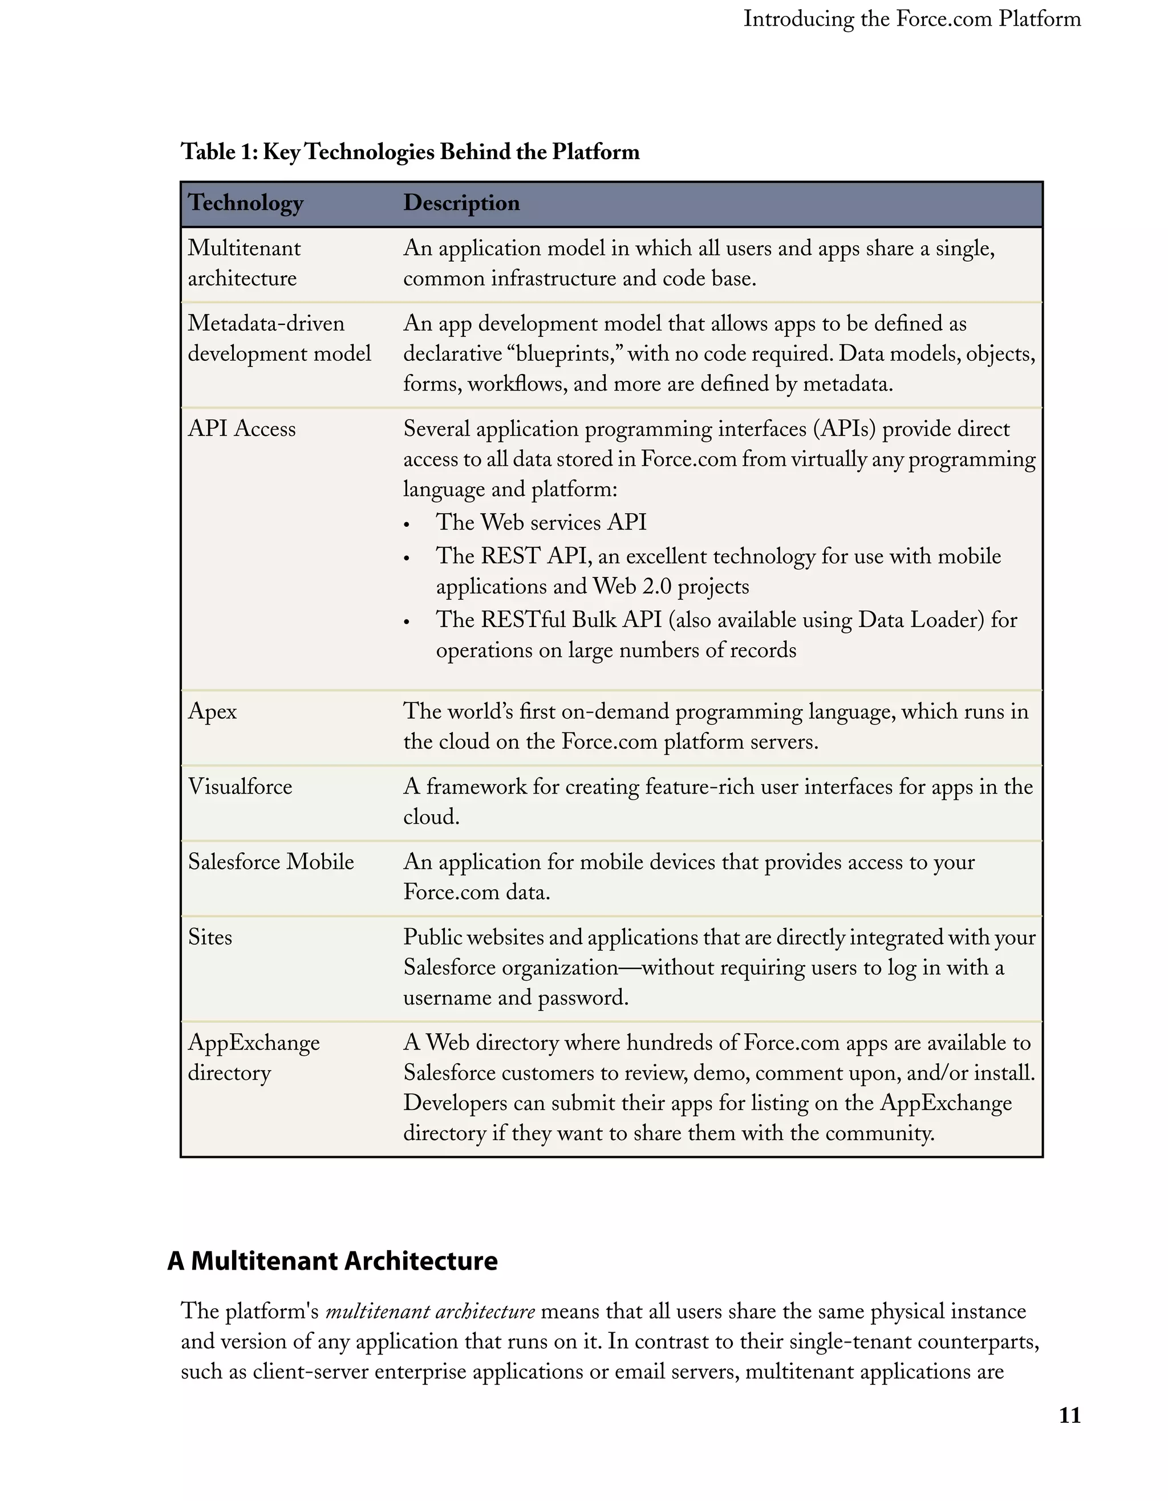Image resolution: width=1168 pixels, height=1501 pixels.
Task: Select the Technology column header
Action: pos(245,203)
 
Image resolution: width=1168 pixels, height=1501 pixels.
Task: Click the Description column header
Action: pos(461,203)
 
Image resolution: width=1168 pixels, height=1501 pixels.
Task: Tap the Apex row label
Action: pos(212,711)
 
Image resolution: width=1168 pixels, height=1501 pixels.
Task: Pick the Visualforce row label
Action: pos(240,786)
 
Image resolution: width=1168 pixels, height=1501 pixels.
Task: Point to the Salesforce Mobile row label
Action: pos(271,862)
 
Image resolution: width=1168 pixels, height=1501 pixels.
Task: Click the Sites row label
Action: pos(210,937)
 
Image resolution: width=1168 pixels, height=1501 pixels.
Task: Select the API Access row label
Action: pos(241,429)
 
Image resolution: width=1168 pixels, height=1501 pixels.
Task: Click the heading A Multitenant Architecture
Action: pos(332,1261)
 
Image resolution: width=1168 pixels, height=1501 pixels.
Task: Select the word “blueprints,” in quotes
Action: pos(563,354)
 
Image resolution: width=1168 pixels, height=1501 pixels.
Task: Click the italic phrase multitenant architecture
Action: pos(429,1311)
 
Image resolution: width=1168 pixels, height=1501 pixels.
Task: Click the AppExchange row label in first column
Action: pos(254,1043)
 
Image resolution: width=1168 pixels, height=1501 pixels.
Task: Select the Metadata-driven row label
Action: pos(266,324)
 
